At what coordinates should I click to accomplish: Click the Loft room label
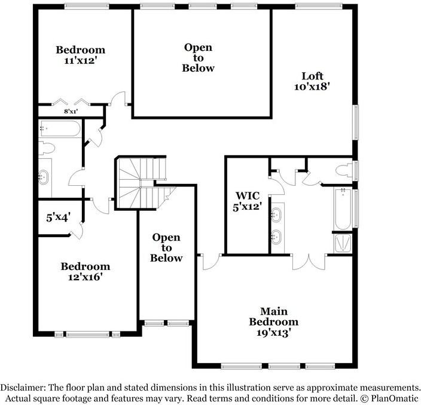pyautogui.click(x=312, y=76)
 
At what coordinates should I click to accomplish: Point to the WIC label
pyautogui.click(x=246, y=196)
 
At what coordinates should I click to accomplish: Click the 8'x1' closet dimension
pyautogui.click(x=71, y=111)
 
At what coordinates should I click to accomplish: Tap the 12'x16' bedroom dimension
pyautogui.click(x=86, y=277)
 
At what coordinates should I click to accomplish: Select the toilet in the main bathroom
pyautogui.click(x=345, y=170)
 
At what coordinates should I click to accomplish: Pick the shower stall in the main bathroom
pyautogui.click(x=343, y=242)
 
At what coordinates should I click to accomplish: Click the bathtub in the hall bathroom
pyautogui.click(x=60, y=129)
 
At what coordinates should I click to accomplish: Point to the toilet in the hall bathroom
pyautogui.click(x=47, y=148)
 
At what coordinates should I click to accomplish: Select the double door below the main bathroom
pyautogui.click(x=309, y=261)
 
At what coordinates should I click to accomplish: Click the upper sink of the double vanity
pyautogui.click(x=276, y=213)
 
